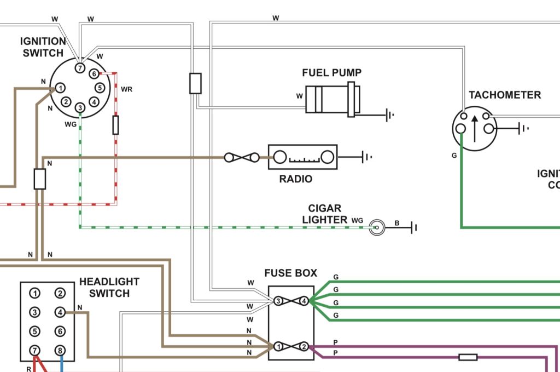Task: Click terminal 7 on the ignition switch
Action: [x=80, y=68]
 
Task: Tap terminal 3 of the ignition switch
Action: [x=80, y=108]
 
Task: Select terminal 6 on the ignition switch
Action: [x=94, y=73]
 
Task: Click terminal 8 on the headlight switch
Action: [x=60, y=351]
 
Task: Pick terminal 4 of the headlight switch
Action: [x=60, y=312]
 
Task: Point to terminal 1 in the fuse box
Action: [x=279, y=347]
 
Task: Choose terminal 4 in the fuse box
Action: [x=304, y=301]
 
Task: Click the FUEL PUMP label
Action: [x=332, y=73]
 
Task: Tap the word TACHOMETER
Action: [x=505, y=95]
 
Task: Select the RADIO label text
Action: [x=296, y=179]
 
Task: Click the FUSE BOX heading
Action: [x=291, y=273]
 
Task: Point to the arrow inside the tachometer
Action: [x=474, y=129]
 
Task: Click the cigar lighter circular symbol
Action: [x=377, y=227]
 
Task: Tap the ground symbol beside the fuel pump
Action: [x=389, y=115]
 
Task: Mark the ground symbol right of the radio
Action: [x=367, y=157]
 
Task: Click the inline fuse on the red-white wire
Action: [x=115, y=125]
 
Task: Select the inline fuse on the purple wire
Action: [x=468, y=357]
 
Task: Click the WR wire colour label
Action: [x=126, y=89]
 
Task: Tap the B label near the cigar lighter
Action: [x=397, y=223]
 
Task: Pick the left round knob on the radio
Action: [x=280, y=157]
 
